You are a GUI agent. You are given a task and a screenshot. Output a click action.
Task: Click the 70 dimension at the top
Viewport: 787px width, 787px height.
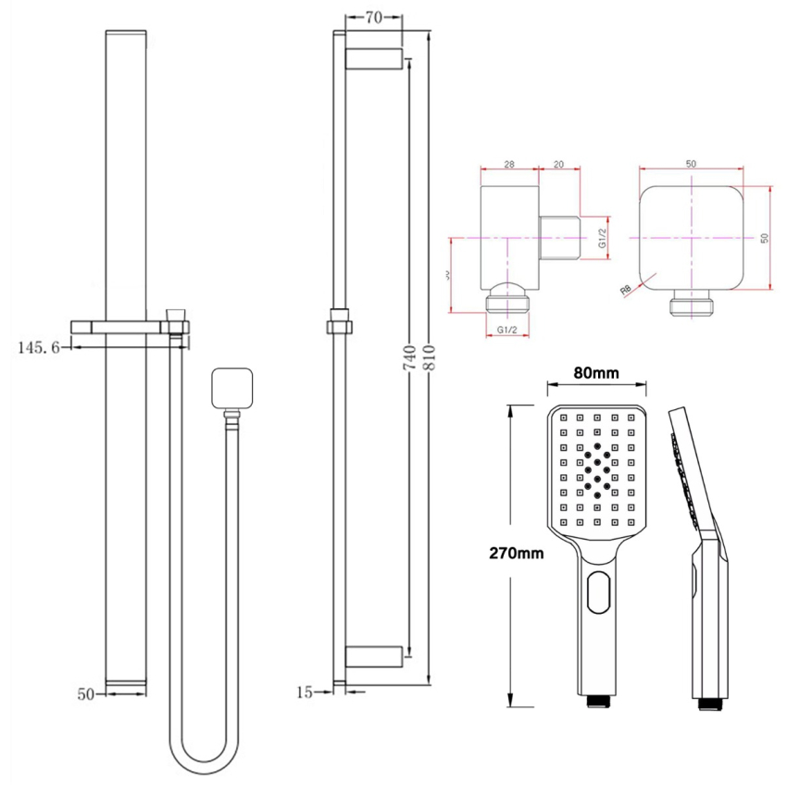(373, 17)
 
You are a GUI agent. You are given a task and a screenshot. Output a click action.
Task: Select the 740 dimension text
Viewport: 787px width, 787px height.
(408, 359)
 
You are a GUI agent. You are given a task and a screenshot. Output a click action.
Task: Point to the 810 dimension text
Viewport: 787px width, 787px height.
(429, 360)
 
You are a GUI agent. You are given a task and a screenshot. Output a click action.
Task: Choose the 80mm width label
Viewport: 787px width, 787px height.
(595, 373)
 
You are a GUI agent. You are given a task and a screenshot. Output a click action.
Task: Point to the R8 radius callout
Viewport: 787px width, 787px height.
(628, 289)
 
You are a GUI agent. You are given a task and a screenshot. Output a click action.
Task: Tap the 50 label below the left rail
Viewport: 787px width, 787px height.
(87, 692)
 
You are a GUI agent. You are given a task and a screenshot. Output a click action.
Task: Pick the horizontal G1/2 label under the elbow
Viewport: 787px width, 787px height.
(506, 330)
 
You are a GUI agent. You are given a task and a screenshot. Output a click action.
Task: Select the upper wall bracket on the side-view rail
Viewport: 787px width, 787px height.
(373, 58)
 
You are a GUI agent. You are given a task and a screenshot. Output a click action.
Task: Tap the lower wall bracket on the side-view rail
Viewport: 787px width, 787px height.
(373, 656)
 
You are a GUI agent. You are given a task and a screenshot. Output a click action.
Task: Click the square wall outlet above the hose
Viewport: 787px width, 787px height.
(233, 389)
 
